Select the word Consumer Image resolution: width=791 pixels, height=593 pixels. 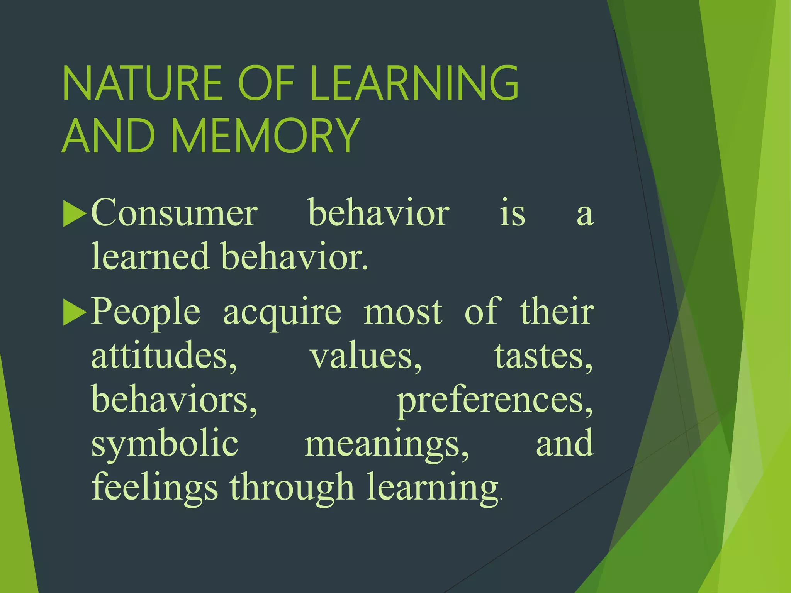(x=174, y=213)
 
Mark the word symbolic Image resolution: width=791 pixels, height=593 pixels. (x=165, y=444)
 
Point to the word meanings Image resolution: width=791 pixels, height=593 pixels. (x=387, y=444)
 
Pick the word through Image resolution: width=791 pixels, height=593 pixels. (x=292, y=488)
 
